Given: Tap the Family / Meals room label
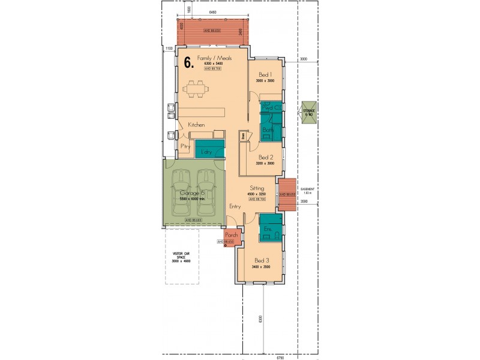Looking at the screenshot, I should coord(212,58).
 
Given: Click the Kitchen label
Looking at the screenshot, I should coord(197,124).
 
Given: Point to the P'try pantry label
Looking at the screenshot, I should coord(186,146).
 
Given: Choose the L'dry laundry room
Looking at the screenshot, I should coord(208,152).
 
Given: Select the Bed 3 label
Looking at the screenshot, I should coord(262,260).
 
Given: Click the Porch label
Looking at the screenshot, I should coord(232,235).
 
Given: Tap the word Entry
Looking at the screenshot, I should coord(235,206).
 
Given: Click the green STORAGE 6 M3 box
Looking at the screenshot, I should coord(309,113).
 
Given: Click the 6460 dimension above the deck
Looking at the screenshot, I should coord(213,13).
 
